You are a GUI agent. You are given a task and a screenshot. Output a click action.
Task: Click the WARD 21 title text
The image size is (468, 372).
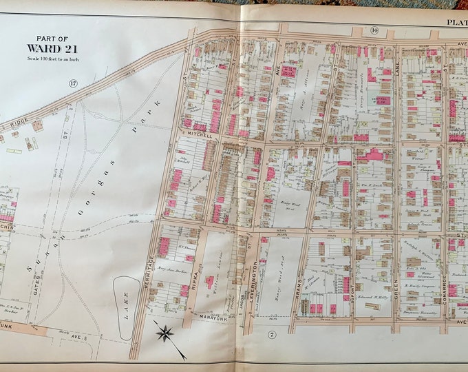(47, 48)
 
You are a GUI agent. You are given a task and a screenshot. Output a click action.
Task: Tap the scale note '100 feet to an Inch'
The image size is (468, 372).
(47, 58)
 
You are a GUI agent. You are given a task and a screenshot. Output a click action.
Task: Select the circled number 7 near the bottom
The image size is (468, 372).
(270, 335)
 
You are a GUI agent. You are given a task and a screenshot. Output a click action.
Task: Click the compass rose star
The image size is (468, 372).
(164, 335)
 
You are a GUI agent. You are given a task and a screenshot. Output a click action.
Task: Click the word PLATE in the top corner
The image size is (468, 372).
(456, 22)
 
